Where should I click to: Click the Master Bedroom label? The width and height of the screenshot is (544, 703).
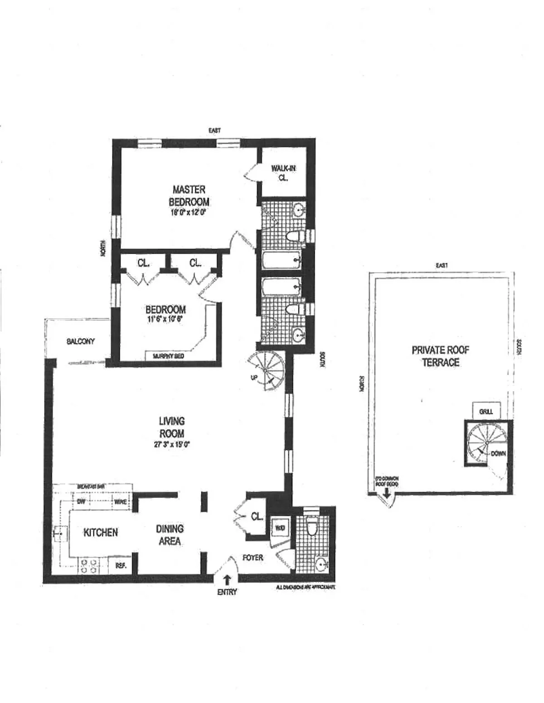(x=189, y=195)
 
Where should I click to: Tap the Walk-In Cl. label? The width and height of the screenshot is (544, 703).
(x=283, y=173)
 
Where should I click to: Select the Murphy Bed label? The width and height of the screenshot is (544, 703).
(x=168, y=356)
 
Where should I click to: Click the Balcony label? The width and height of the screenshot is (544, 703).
(x=81, y=341)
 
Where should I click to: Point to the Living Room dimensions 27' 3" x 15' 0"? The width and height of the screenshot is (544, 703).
(x=171, y=445)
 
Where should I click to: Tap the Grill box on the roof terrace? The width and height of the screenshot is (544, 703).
(x=486, y=411)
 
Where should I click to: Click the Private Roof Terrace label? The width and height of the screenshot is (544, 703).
(x=440, y=356)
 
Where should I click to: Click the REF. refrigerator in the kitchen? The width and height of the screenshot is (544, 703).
(x=121, y=566)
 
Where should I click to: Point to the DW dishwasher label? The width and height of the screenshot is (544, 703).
(x=82, y=502)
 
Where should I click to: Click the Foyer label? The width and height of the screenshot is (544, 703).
(x=253, y=557)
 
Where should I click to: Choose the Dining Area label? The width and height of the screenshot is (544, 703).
(x=170, y=535)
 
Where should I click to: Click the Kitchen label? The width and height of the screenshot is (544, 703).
(x=101, y=532)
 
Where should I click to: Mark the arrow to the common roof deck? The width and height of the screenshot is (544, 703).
(x=386, y=493)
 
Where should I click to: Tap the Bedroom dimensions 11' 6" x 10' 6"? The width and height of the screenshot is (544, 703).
(x=165, y=319)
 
